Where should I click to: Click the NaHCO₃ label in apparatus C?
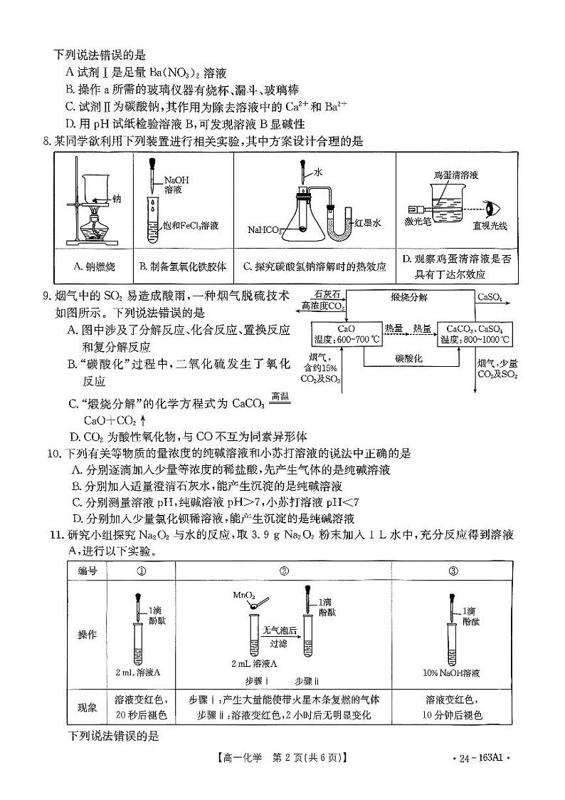(266, 230)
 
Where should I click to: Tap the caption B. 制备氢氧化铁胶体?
(183, 266)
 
